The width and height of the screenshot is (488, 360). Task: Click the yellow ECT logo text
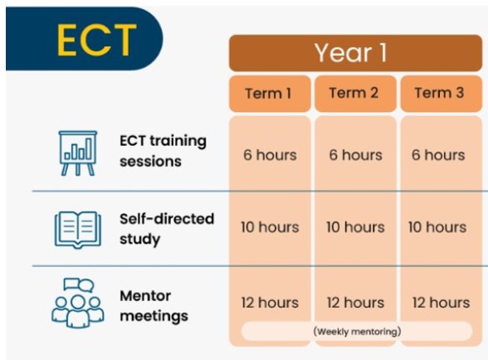pyautogui.click(x=96, y=40)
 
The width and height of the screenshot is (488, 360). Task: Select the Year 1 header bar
pyautogui.click(x=355, y=53)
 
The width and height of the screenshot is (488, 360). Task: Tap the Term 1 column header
pyautogui.click(x=270, y=94)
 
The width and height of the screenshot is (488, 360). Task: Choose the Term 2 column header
pyautogui.click(x=355, y=94)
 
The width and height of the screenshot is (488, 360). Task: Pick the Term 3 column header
pyautogui.click(x=441, y=94)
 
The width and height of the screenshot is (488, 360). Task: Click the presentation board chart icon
pyautogui.click(x=78, y=153)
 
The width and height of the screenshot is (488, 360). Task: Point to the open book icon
pyautogui.click(x=78, y=230)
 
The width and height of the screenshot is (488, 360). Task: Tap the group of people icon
pyautogui.click(x=78, y=303)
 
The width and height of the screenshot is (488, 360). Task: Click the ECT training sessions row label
pyautogui.click(x=163, y=151)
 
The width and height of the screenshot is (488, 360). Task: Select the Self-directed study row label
pyautogui.click(x=167, y=229)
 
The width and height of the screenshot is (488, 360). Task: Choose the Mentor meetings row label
pyautogui.click(x=154, y=306)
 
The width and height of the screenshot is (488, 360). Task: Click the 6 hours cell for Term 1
pyautogui.click(x=270, y=155)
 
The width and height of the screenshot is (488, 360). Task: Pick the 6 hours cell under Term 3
pyautogui.click(x=438, y=155)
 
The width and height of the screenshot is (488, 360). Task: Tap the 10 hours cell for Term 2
pyautogui.click(x=355, y=227)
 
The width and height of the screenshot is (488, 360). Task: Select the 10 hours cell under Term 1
pyautogui.click(x=270, y=227)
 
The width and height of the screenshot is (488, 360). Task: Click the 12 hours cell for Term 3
pyautogui.click(x=441, y=303)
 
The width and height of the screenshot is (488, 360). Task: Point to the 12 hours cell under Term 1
pyautogui.click(x=270, y=303)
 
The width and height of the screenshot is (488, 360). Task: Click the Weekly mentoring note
pyautogui.click(x=357, y=331)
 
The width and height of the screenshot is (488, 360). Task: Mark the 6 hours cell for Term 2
pyautogui.click(x=355, y=155)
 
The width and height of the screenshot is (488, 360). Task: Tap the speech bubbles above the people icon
pyautogui.click(x=79, y=285)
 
